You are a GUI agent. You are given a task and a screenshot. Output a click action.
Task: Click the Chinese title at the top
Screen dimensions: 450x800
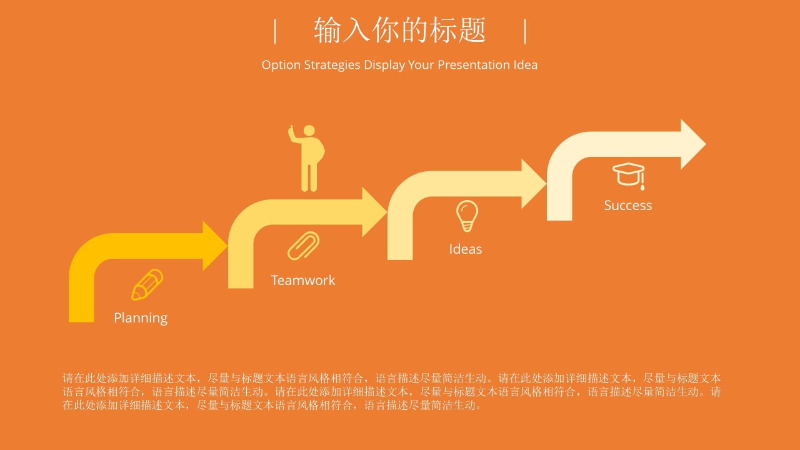[400, 30]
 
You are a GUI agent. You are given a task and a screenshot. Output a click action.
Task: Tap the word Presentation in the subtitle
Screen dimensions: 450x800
[474, 65]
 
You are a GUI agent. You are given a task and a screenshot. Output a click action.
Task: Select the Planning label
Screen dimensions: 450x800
[141, 317]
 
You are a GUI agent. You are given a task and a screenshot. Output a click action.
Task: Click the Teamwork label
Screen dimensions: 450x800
[303, 280]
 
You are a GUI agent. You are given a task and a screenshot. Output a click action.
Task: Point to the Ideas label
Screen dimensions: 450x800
[466, 249]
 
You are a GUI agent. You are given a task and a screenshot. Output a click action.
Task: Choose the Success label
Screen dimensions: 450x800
[627, 205]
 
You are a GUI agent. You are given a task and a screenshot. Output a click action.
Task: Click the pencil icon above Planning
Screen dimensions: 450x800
[147, 284]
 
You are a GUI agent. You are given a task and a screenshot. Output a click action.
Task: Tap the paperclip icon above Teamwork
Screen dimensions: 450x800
[304, 246]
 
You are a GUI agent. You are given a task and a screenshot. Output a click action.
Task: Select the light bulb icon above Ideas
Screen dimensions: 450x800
[466, 216]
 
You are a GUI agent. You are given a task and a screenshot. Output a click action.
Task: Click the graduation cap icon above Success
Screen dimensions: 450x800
[629, 174]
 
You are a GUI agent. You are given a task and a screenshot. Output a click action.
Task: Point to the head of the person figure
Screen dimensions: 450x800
[309, 131]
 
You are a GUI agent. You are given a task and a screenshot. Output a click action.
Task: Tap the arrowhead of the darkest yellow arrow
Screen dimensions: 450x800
[215, 246]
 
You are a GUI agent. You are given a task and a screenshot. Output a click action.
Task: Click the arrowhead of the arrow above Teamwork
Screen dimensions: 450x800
[374, 212]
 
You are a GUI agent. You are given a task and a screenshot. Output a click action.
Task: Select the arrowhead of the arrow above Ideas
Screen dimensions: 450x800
[534, 183]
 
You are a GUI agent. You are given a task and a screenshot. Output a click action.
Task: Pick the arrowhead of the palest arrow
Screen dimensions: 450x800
[692, 144]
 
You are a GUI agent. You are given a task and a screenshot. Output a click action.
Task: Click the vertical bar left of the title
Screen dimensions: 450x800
[275, 31]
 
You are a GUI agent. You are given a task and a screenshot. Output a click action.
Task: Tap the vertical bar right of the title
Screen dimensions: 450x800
[525, 31]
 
